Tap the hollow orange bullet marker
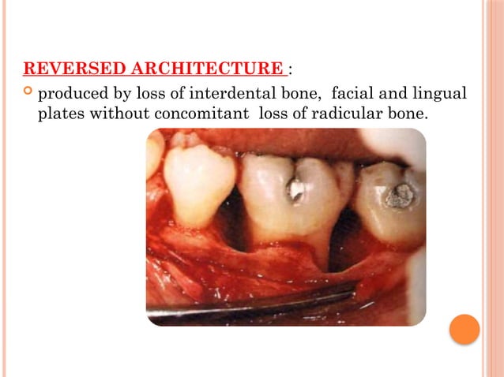point(28,95)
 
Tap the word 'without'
point(121,114)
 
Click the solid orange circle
point(465,328)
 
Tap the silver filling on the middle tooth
point(296,189)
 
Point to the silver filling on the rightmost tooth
point(400,195)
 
